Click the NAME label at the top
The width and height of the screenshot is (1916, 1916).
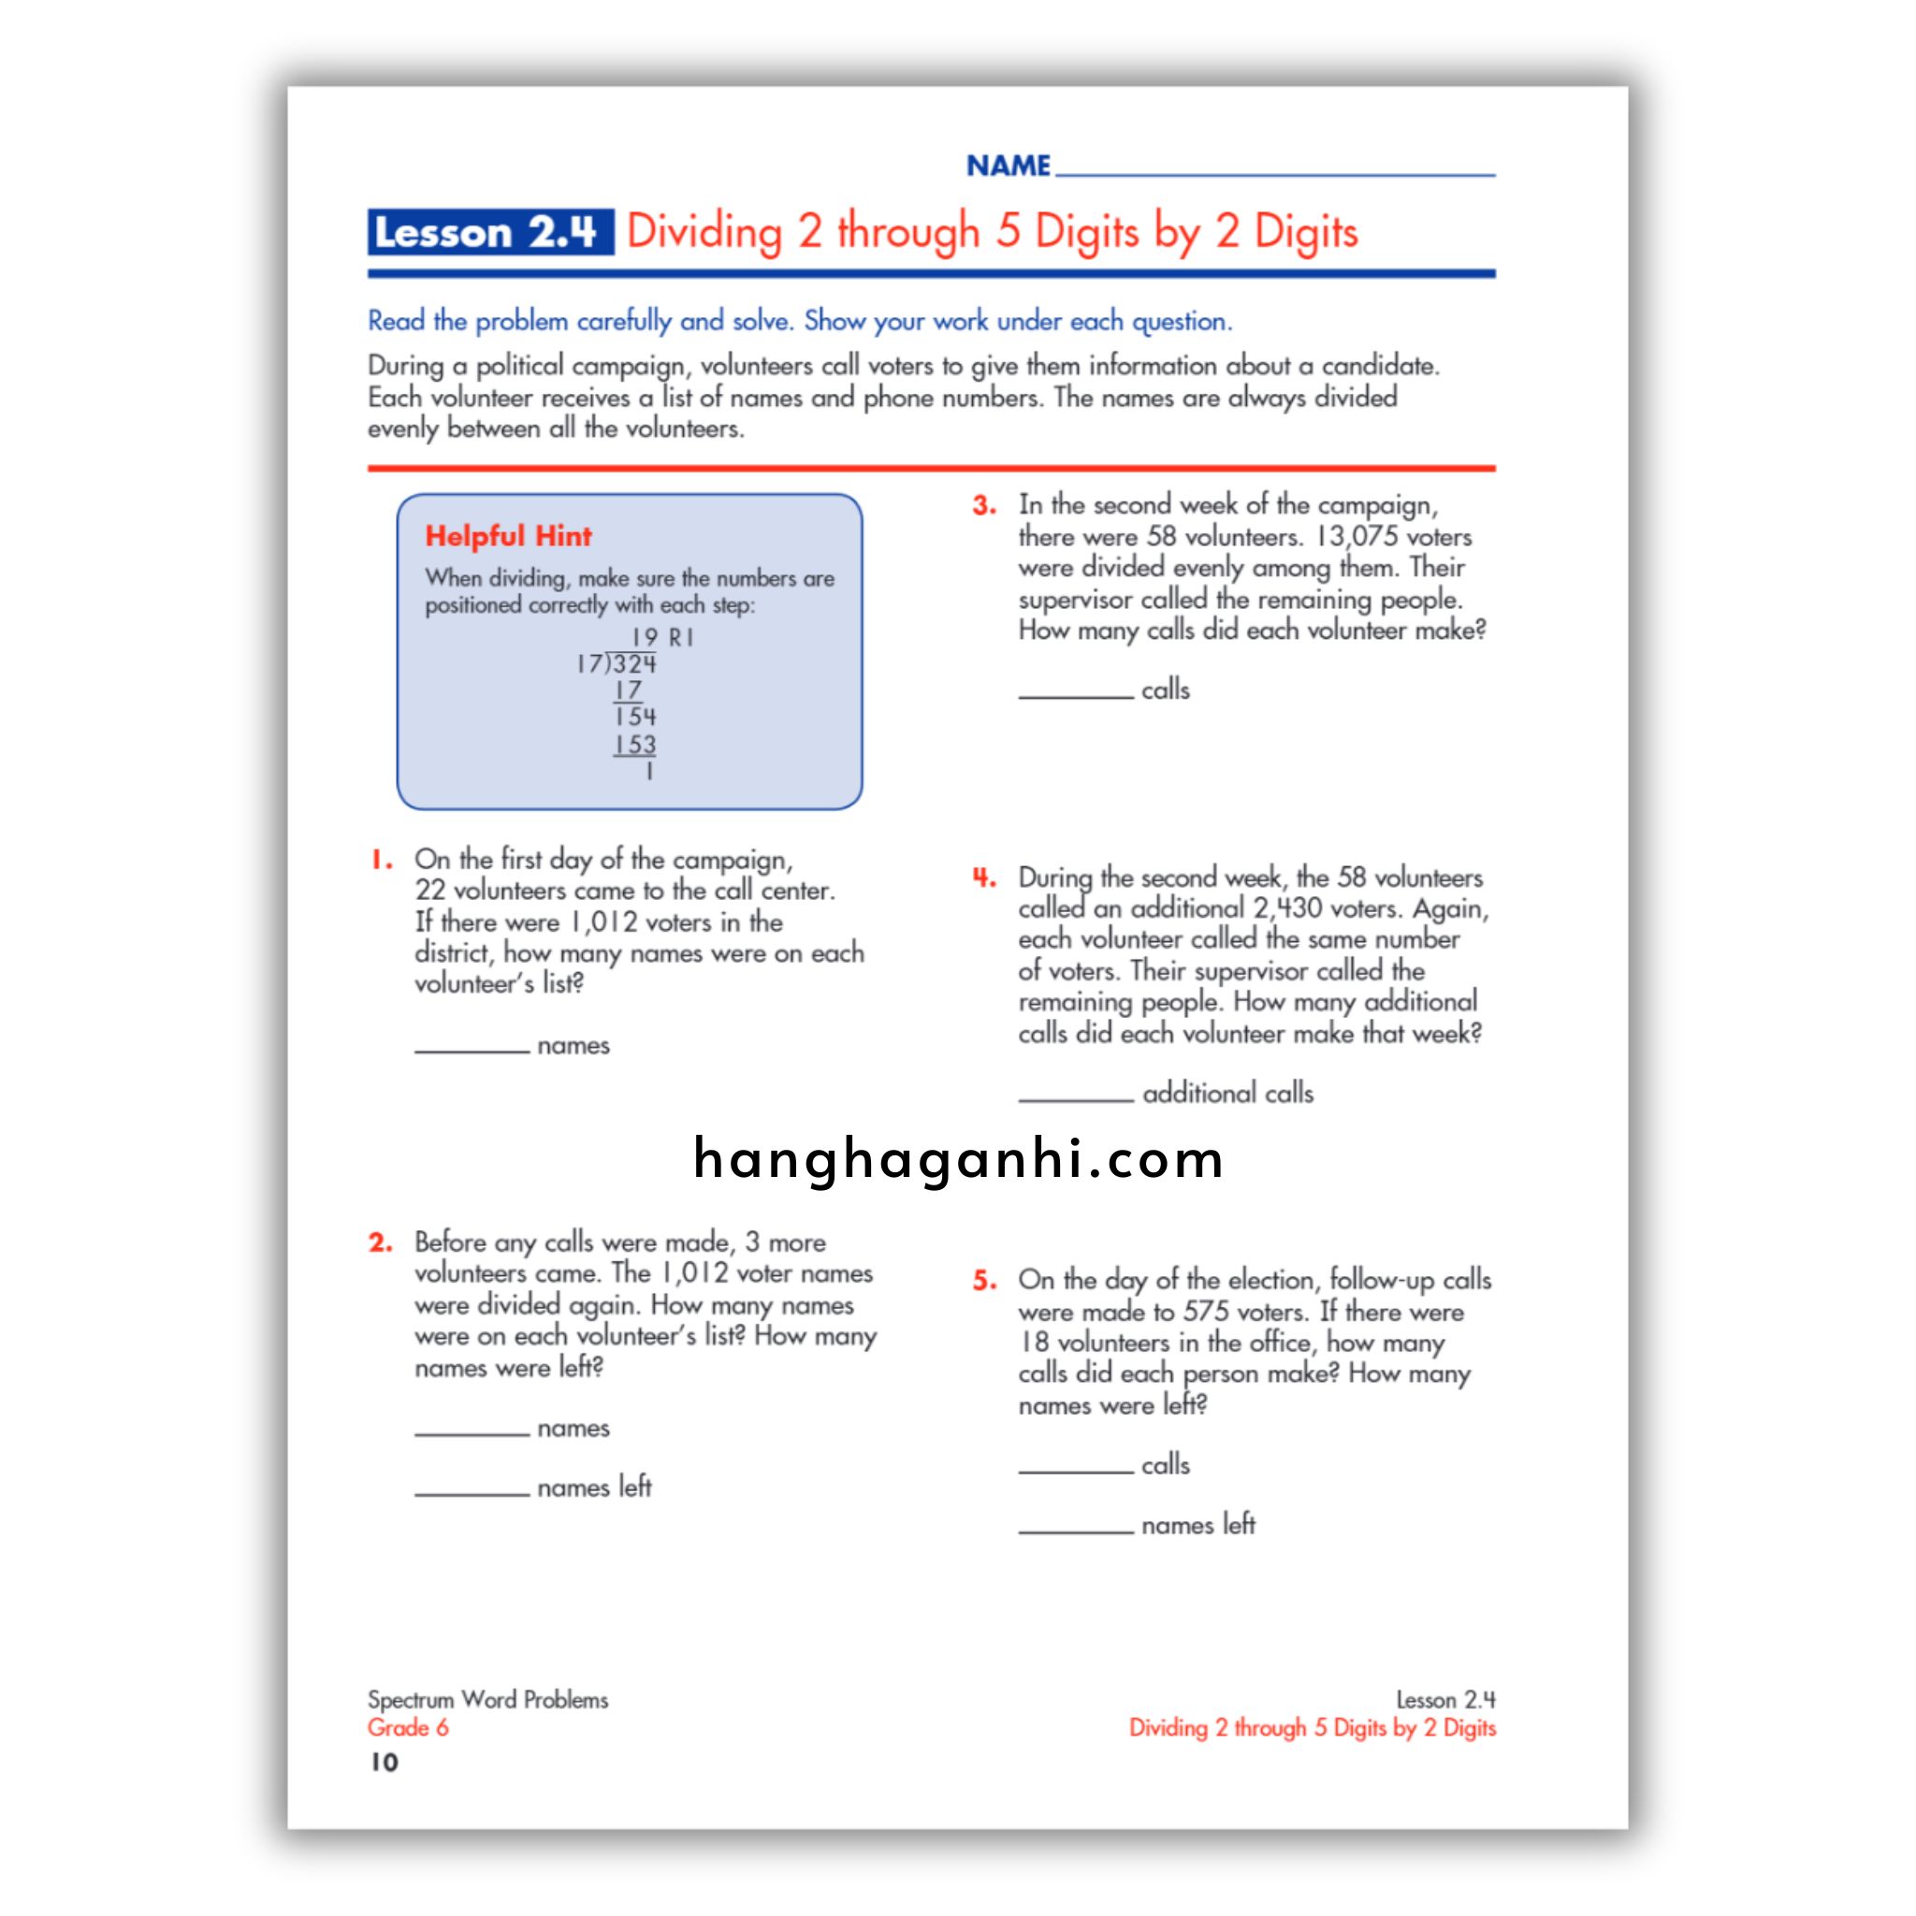[1008, 165]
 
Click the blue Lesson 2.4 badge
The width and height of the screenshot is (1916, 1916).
[489, 232]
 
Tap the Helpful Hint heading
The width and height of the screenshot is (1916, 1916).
[508, 536]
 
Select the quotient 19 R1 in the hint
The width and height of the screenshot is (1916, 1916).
[661, 638]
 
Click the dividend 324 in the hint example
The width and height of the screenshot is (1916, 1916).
[633, 664]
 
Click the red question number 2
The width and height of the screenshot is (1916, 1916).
[381, 1242]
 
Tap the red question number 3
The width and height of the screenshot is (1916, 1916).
[984, 506]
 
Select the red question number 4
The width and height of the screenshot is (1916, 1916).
[984, 878]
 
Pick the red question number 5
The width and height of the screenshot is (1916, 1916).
[984, 1281]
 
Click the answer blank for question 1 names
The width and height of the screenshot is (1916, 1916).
[472, 1050]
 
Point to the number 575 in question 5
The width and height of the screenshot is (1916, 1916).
[1205, 1312]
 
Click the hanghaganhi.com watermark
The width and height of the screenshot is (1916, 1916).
[958, 1158]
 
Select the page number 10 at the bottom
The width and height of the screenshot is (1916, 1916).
[384, 1763]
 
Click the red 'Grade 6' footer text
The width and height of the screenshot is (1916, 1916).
[408, 1728]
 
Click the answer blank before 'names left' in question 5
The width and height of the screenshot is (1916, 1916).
[1075, 1531]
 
